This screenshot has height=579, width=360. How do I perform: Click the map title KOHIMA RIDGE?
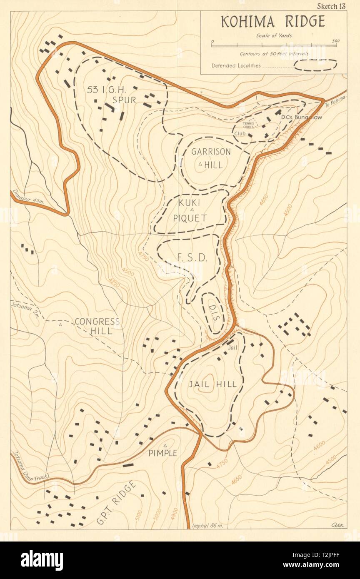pos(273,22)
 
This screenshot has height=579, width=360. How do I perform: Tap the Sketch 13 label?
pos(331,5)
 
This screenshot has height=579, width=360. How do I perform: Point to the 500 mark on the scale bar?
pos(336,41)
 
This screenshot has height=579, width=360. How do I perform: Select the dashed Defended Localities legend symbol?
pos(315,65)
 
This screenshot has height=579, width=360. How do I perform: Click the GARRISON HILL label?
pos(207,158)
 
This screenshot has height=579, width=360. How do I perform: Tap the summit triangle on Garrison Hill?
pos(200,164)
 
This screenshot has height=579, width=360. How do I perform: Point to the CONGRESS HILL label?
pos(97,326)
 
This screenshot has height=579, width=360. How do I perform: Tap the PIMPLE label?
pos(163,453)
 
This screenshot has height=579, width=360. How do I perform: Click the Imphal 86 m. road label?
pos(208,526)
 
